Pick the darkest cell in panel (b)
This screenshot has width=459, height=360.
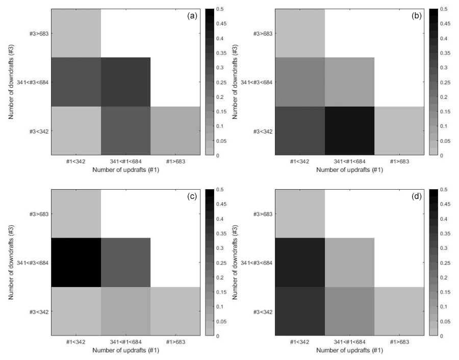point(349,131)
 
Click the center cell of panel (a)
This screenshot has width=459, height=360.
point(125,82)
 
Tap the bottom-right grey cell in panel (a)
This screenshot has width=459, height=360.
point(175,131)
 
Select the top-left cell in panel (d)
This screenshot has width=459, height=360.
point(299,213)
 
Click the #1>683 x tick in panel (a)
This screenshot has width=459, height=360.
point(175,162)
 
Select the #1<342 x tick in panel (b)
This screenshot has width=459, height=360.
point(299,162)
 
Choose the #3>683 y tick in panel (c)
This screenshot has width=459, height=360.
point(39,214)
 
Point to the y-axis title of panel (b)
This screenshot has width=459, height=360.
point(236,82)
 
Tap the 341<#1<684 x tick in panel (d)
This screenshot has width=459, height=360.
point(349,342)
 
